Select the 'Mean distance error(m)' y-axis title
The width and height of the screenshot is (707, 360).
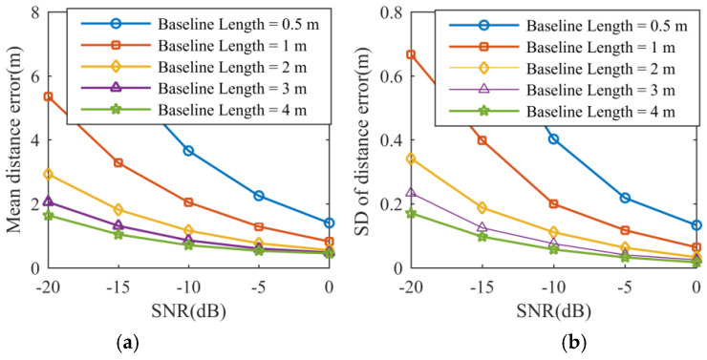click(14, 139)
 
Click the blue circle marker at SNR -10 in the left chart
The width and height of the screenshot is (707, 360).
click(188, 151)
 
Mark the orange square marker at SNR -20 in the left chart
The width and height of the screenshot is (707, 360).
click(48, 96)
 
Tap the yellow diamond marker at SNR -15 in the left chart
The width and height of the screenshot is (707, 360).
click(118, 209)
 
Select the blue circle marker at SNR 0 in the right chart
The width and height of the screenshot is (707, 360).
click(696, 225)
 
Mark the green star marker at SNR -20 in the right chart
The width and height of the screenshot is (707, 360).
click(411, 213)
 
